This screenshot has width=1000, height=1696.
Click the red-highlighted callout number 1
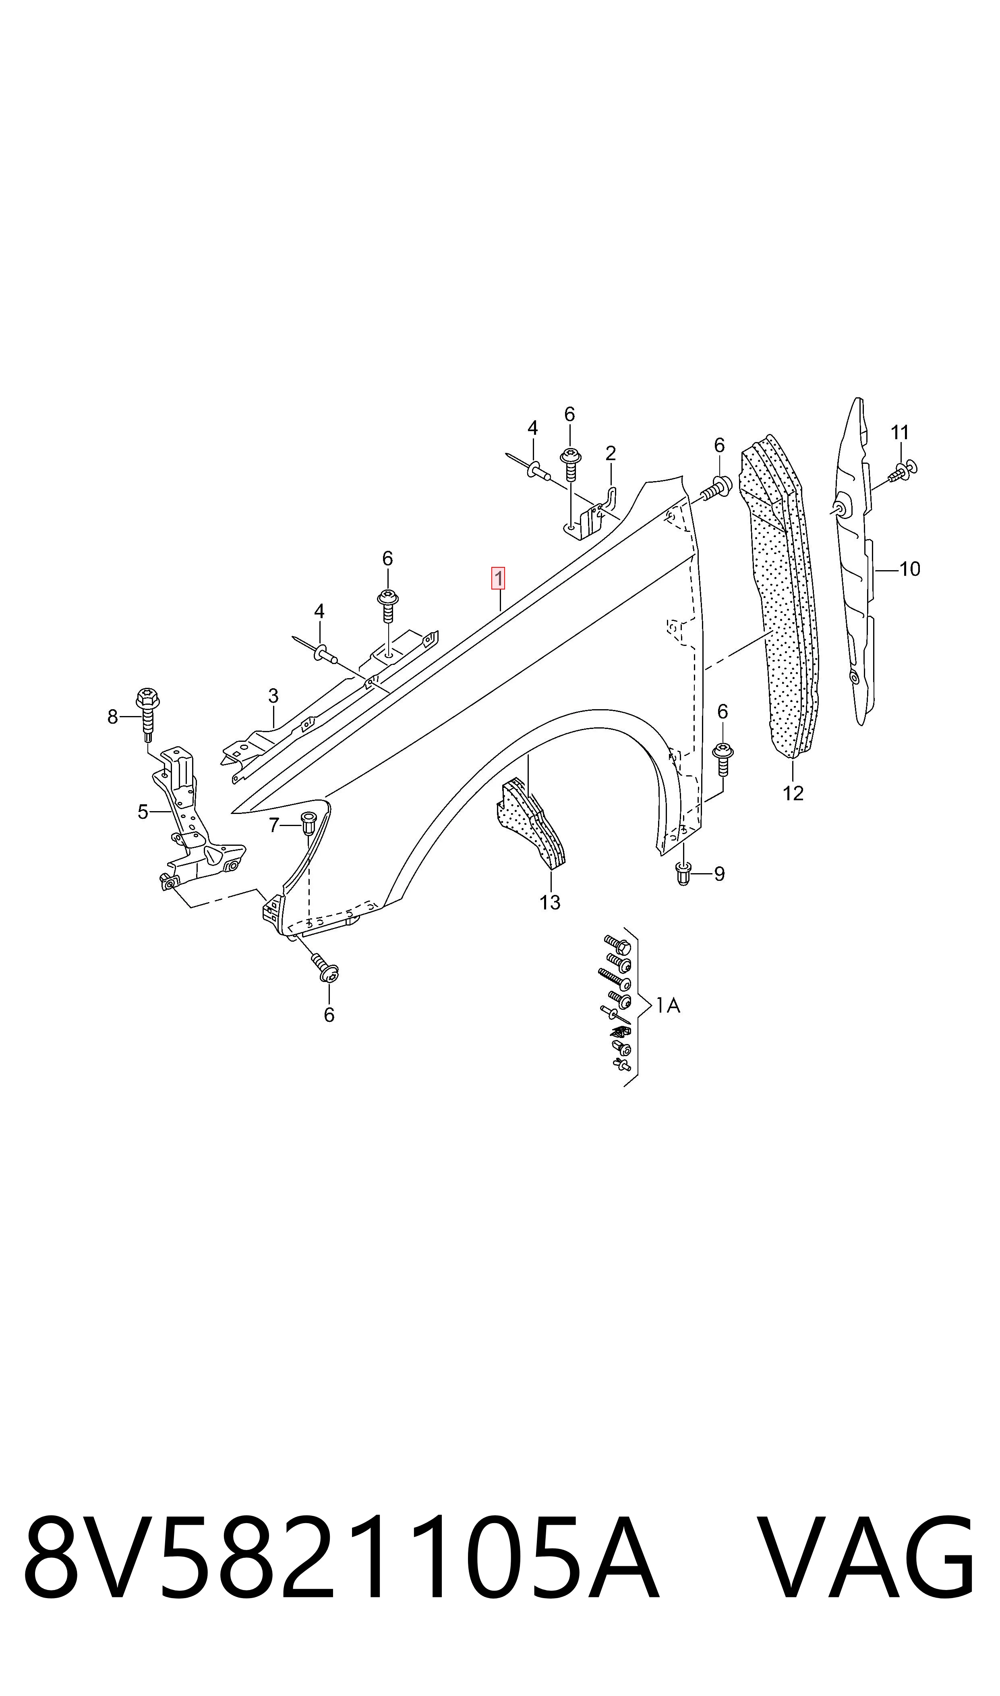(x=498, y=578)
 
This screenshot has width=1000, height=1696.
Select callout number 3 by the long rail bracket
(x=273, y=695)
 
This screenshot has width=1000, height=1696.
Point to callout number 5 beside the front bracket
(x=143, y=812)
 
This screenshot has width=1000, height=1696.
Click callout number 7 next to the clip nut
(x=273, y=824)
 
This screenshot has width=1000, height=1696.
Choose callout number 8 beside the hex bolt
(x=112, y=716)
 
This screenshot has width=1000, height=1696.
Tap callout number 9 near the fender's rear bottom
(x=720, y=874)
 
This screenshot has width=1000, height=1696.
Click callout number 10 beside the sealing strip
(x=910, y=569)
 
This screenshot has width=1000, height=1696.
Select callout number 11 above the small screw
(x=900, y=432)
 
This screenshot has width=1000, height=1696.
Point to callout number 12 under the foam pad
(x=793, y=793)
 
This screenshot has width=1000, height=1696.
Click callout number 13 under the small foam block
(x=550, y=902)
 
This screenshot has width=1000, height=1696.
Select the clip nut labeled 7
(x=308, y=824)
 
